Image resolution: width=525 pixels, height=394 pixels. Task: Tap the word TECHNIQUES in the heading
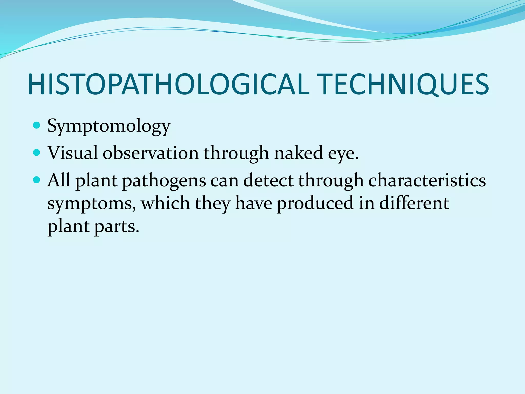[x=405, y=85]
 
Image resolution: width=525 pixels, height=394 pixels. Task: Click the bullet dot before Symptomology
[x=37, y=125]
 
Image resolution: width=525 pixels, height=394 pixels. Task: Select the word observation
[x=151, y=153]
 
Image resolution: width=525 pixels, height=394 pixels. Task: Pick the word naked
[x=298, y=153]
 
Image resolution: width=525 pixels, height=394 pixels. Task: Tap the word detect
[x=268, y=180]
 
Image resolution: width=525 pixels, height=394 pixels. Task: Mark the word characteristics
[x=427, y=180]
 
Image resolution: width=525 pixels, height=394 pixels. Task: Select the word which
[x=165, y=203]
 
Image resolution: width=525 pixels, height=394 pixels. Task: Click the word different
[x=414, y=203]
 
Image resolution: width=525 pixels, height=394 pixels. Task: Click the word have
[x=254, y=203]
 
